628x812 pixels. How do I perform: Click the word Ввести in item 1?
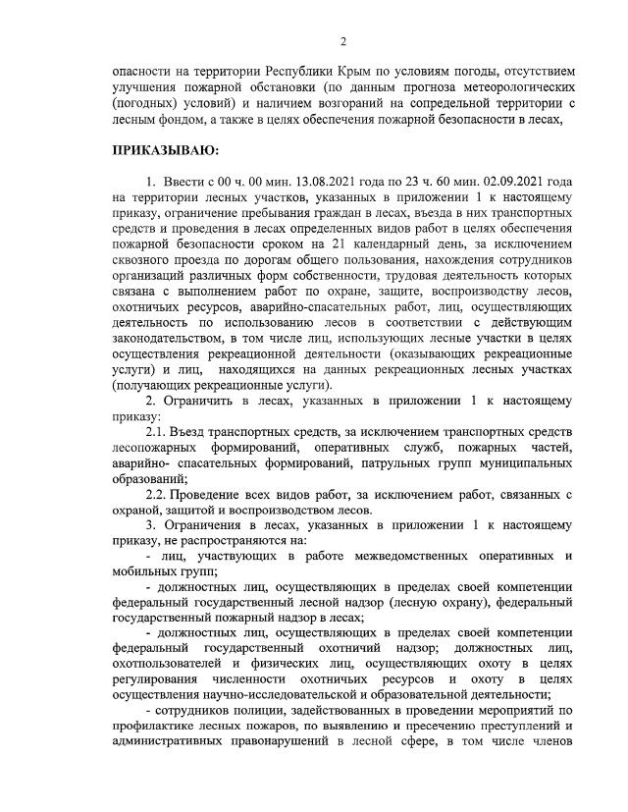tap(184, 183)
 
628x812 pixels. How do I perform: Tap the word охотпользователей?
tap(173, 664)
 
